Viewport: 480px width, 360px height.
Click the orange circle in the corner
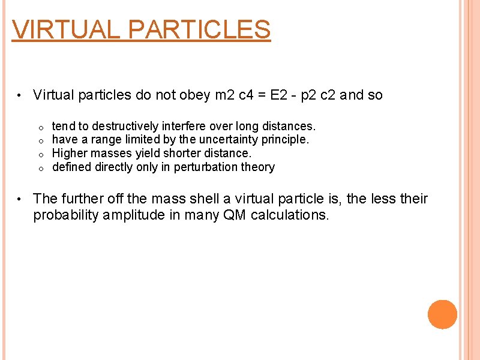(x=442, y=314)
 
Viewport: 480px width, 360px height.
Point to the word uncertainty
(x=236, y=139)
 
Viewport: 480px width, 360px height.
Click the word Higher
(x=70, y=153)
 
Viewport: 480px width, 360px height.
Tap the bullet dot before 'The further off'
(x=20, y=199)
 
